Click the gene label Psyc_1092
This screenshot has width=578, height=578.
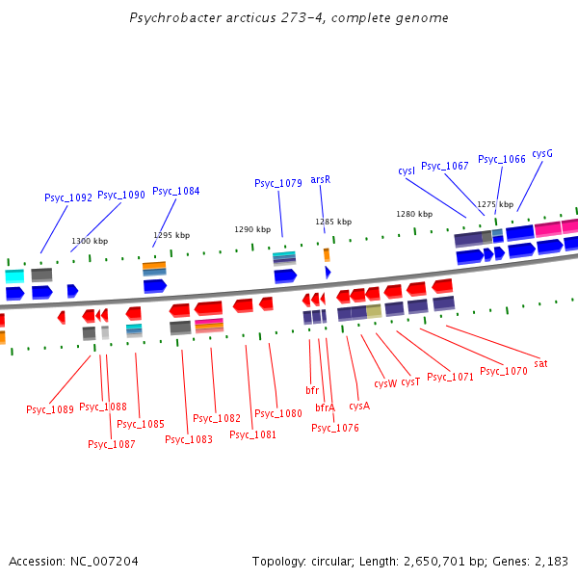click(68, 197)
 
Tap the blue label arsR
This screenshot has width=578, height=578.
click(321, 179)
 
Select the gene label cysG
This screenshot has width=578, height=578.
click(542, 153)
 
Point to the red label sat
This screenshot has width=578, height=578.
click(541, 363)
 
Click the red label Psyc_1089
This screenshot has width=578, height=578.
click(50, 409)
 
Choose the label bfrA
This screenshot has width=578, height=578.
click(326, 407)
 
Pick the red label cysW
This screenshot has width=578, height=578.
click(385, 383)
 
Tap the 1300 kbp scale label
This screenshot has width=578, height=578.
click(90, 241)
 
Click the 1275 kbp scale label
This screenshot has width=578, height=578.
click(494, 204)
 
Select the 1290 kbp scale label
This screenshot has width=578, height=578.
click(252, 229)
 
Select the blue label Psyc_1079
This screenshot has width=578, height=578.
click(278, 183)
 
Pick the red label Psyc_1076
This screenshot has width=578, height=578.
click(335, 428)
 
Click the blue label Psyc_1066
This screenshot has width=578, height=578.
click(502, 159)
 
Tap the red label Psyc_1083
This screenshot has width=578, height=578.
click(189, 439)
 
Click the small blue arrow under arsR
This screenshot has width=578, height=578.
click(328, 273)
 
